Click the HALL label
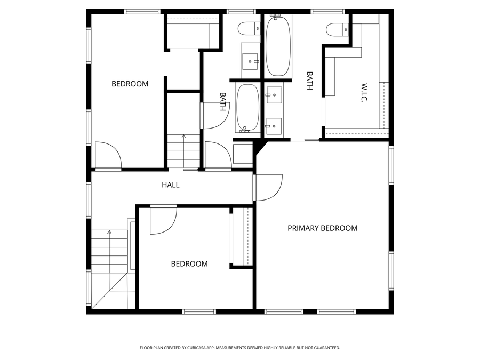(171, 185)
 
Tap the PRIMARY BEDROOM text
(322, 228)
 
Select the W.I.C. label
(365, 93)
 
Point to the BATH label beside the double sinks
(309, 81)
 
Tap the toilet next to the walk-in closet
(336, 29)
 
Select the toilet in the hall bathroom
(249, 29)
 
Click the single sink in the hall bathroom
(250, 61)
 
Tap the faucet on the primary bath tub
(275, 16)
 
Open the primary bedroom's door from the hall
(268, 187)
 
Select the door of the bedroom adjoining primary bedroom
(163, 220)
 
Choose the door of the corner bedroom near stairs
(109, 156)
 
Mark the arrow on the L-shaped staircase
(110, 233)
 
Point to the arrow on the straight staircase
(184, 137)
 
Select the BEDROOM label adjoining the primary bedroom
(189, 263)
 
